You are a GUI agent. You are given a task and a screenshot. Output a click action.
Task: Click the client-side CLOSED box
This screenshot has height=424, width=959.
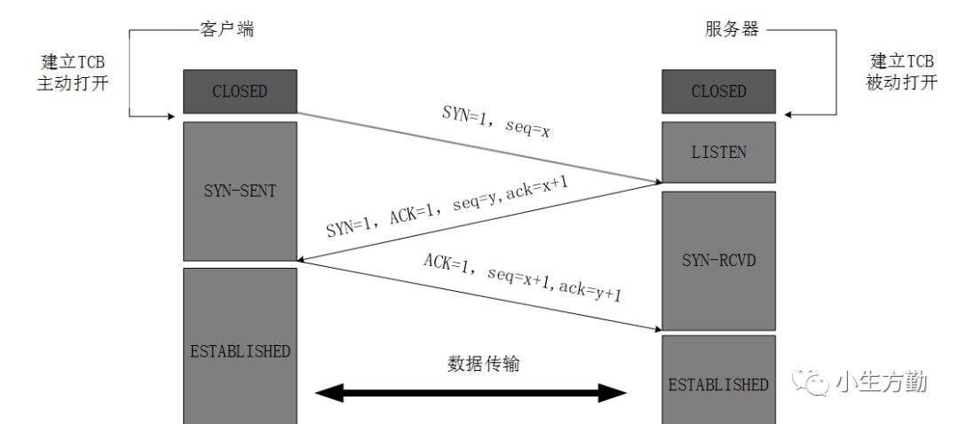[x=240, y=91]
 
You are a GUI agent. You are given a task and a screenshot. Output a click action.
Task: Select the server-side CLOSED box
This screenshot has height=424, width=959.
[x=718, y=91]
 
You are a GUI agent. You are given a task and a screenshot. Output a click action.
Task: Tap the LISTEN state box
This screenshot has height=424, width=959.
[x=718, y=153]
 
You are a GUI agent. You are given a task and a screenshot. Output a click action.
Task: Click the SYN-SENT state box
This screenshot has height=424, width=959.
[x=240, y=192]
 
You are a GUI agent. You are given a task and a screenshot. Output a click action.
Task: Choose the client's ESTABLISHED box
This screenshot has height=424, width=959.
[x=240, y=350]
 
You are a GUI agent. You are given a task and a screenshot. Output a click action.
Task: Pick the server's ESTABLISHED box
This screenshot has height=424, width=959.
[x=718, y=384]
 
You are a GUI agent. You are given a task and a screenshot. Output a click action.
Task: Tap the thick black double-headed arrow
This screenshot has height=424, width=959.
[x=472, y=393]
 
